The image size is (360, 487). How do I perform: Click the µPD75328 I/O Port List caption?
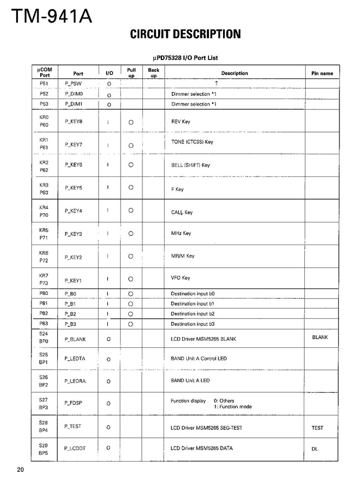pos(186,58)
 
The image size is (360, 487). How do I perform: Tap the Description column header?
pos(234,73)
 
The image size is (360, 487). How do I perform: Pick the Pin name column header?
pos(322,73)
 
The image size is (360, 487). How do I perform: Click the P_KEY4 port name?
pos(74,211)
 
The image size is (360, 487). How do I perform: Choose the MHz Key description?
pos(181,234)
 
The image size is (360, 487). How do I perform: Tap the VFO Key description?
pos(180,278)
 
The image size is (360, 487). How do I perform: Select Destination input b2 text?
pos(193,314)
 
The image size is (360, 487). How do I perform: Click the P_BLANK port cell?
pos(75,339)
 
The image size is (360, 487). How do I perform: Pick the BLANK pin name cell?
pos(320,337)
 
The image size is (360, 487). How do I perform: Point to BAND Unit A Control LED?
pos(199,358)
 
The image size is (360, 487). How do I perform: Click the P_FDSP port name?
pos(74,403)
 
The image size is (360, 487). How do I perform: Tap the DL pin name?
pos(315,449)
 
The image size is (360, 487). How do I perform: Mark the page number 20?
pos(20,469)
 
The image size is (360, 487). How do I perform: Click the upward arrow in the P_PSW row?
pos(216,83)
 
